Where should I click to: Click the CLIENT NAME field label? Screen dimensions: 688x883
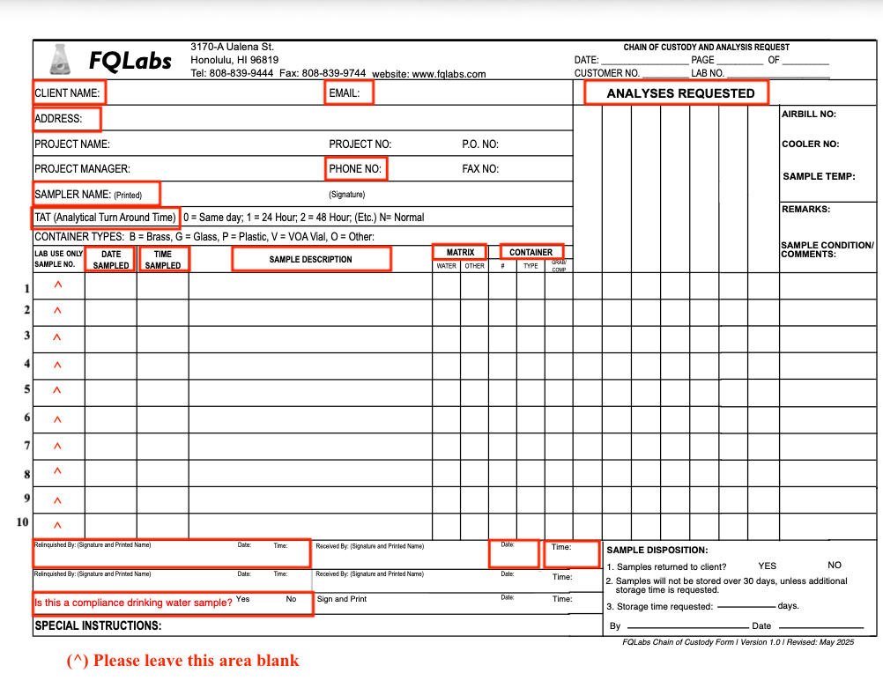[x=67, y=92]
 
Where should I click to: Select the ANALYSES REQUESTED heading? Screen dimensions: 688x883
[x=680, y=93]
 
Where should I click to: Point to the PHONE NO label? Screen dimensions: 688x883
[x=355, y=168]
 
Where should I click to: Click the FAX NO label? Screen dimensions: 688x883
[x=480, y=168]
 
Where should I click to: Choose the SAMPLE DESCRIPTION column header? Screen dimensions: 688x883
[x=310, y=259]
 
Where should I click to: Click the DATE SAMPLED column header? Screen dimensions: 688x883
[x=111, y=260]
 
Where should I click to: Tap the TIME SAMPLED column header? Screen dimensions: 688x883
[x=163, y=260]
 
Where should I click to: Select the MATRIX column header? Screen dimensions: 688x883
[x=460, y=253]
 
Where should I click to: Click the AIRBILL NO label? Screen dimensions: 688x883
[x=808, y=114]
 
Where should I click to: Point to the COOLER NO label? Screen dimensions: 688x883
[x=810, y=144]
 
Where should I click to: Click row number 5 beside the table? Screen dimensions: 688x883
[x=27, y=388]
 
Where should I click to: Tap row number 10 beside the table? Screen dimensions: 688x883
[x=23, y=522]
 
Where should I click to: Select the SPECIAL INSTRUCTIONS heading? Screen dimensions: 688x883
[x=98, y=626]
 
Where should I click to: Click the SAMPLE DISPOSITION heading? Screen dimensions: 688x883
[x=657, y=550]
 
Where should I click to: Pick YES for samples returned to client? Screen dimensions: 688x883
[x=768, y=566]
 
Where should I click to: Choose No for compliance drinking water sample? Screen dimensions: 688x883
[x=291, y=599]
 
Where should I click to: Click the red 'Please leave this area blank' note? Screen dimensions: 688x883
[x=183, y=661]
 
